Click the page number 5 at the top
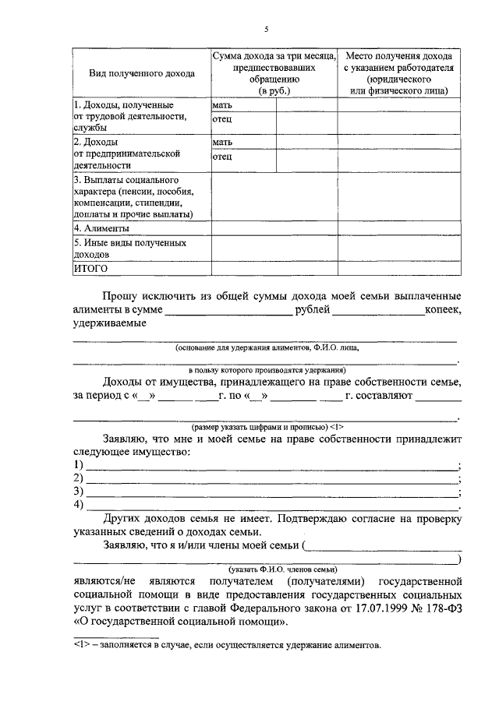pos(265,29)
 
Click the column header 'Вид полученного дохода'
pos(142,73)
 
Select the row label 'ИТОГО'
pos(90,268)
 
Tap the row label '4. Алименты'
pos(101,228)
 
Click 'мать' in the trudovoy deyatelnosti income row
pos(222,104)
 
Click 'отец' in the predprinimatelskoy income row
pos(222,157)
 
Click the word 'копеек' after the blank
pos(443,310)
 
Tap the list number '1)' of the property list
pos(78,465)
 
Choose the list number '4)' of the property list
pos(78,505)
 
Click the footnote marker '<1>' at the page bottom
pos(81,646)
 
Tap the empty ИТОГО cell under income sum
pos(274,268)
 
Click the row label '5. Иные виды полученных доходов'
pos(130,249)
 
